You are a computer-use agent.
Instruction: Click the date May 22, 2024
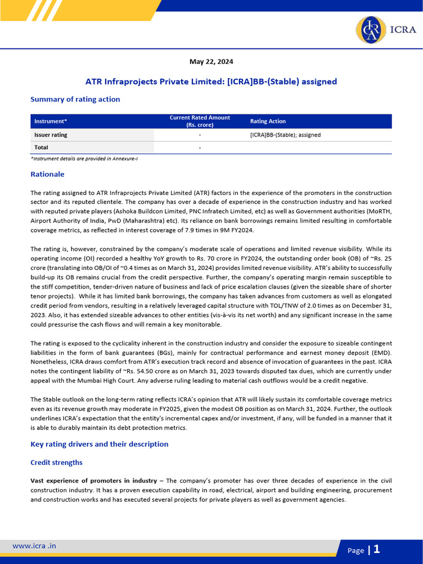point(211,62)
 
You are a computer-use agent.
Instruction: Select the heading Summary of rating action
point(75,99)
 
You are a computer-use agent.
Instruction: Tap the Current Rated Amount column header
point(199,121)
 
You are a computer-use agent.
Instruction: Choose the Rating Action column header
point(268,121)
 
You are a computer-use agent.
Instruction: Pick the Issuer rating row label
point(51,134)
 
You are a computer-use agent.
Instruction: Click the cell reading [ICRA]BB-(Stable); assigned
point(285,134)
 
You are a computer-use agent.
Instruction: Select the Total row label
point(41,148)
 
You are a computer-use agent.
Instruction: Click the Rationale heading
point(47,174)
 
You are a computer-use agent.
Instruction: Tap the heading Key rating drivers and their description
point(99,444)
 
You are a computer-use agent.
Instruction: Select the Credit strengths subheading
point(56,463)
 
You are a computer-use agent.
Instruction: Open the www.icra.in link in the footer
point(34,546)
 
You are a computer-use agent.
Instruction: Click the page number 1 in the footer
point(377,549)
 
